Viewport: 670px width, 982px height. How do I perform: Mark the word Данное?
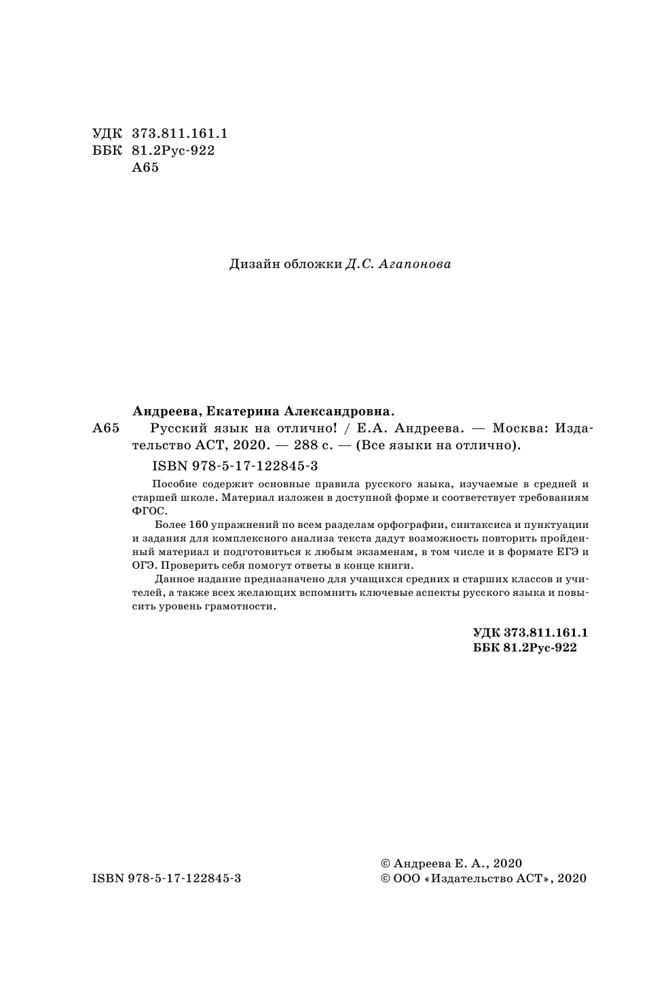click(x=173, y=580)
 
